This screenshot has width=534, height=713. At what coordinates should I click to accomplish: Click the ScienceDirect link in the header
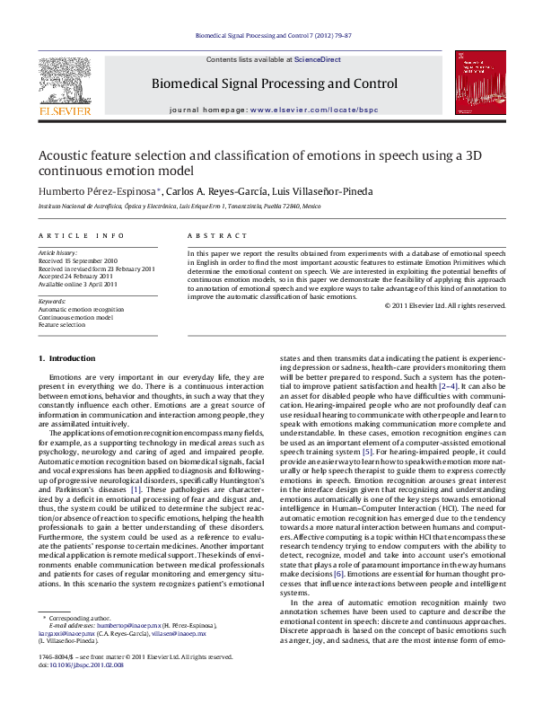317,58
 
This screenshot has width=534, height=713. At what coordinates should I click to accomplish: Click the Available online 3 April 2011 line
77,283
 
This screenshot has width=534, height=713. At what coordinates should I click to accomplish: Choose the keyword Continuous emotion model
75,317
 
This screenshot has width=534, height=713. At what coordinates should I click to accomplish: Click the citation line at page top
267,37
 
